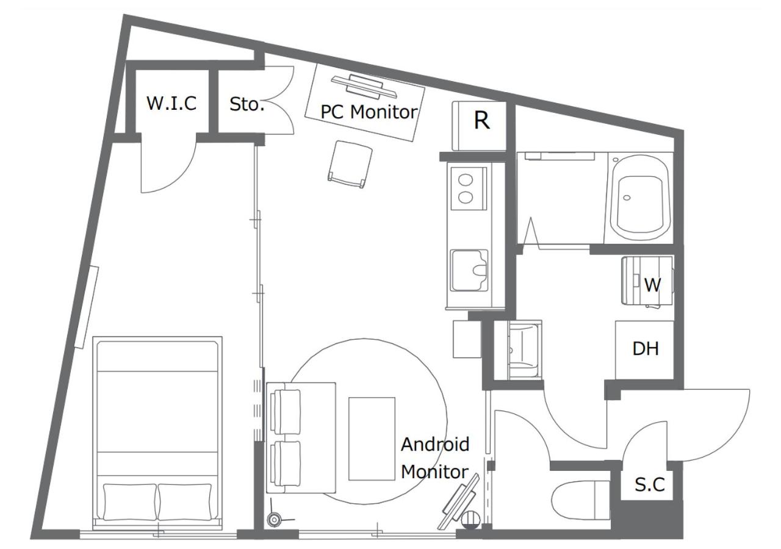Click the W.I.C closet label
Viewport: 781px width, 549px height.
[x=171, y=103]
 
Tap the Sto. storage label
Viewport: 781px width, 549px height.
[x=247, y=104]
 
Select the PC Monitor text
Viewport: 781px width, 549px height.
[x=369, y=112]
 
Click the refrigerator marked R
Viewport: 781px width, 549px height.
[x=479, y=126]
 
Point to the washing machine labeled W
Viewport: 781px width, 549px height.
[x=647, y=282]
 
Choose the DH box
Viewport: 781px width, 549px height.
[x=644, y=350]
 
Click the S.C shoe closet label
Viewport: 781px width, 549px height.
[x=650, y=484]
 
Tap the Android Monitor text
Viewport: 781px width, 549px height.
[x=435, y=458]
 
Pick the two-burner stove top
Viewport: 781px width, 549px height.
[x=469, y=188]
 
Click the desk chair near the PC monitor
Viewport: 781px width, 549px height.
[x=350, y=165]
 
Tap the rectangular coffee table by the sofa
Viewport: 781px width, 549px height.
[x=372, y=439]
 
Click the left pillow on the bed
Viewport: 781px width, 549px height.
[x=130, y=502]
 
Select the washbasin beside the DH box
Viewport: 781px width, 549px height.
[x=524, y=350]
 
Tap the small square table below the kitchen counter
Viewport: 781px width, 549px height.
[x=467, y=339]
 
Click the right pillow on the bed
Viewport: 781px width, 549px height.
[x=185, y=502]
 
